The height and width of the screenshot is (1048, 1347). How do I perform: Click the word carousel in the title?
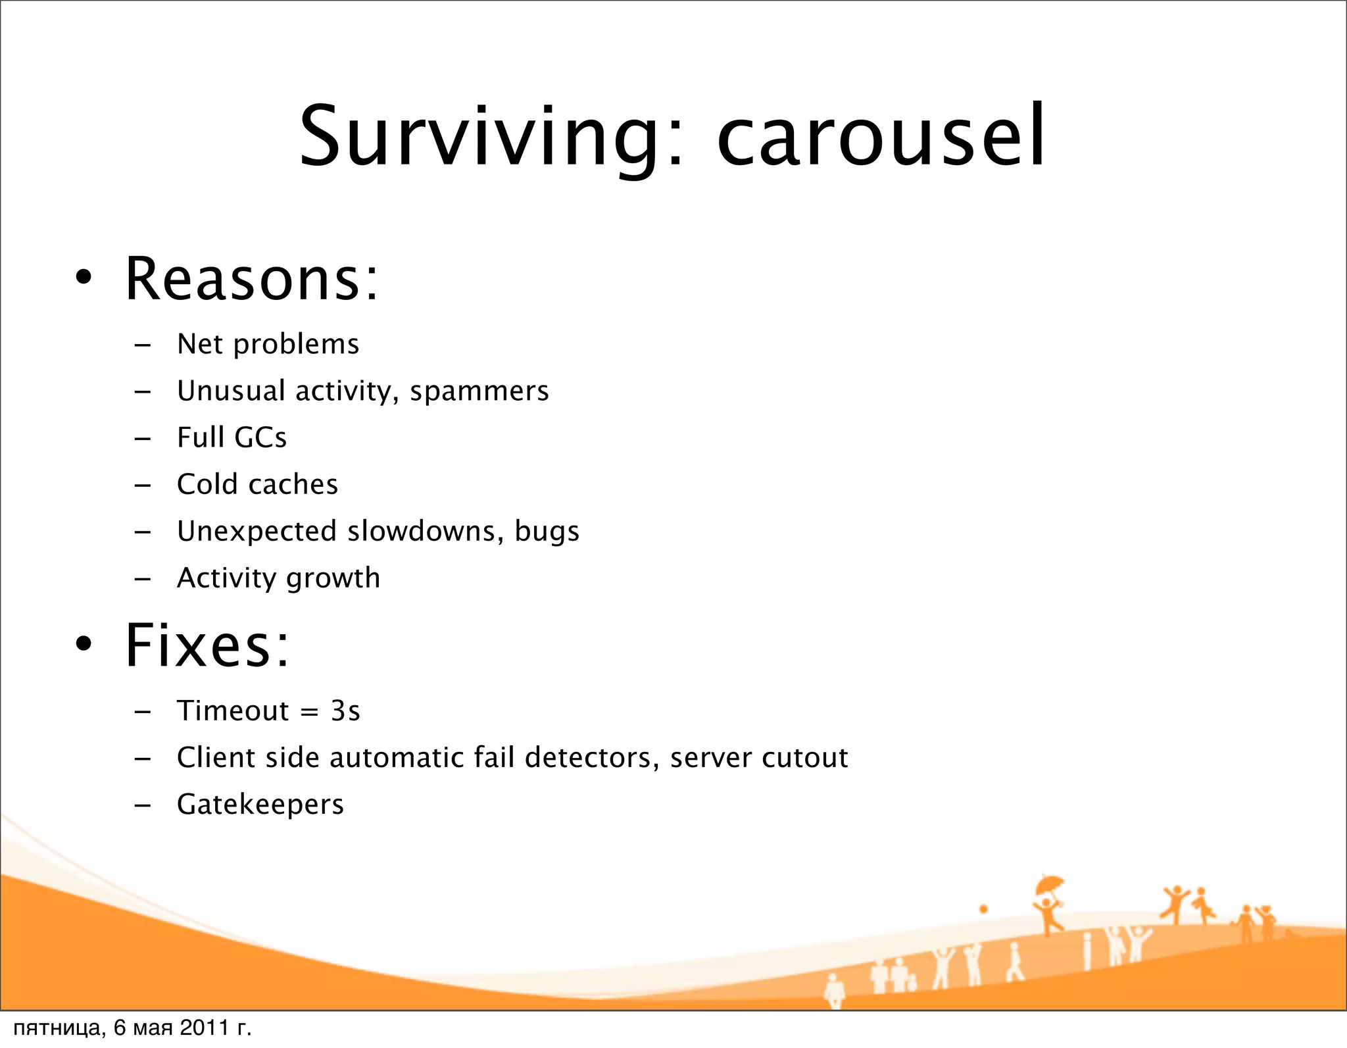pyautogui.click(x=881, y=137)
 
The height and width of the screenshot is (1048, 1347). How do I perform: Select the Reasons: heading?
pyautogui.click(x=252, y=279)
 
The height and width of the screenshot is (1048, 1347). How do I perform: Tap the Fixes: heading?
pyautogui.click(x=207, y=645)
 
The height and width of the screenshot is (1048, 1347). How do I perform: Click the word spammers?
pyautogui.click(x=479, y=391)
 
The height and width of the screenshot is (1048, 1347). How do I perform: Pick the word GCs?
pyautogui.click(x=260, y=438)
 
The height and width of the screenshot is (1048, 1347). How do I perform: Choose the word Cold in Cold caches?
pyautogui.click(x=207, y=484)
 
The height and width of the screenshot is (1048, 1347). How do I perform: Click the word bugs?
pyautogui.click(x=547, y=531)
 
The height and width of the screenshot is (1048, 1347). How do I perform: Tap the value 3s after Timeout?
pyautogui.click(x=345, y=711)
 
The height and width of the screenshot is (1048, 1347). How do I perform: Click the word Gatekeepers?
pyautogui.click(x=260, y=805)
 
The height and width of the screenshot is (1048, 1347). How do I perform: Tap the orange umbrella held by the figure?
pyautogui.click(x=1049, y=885)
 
